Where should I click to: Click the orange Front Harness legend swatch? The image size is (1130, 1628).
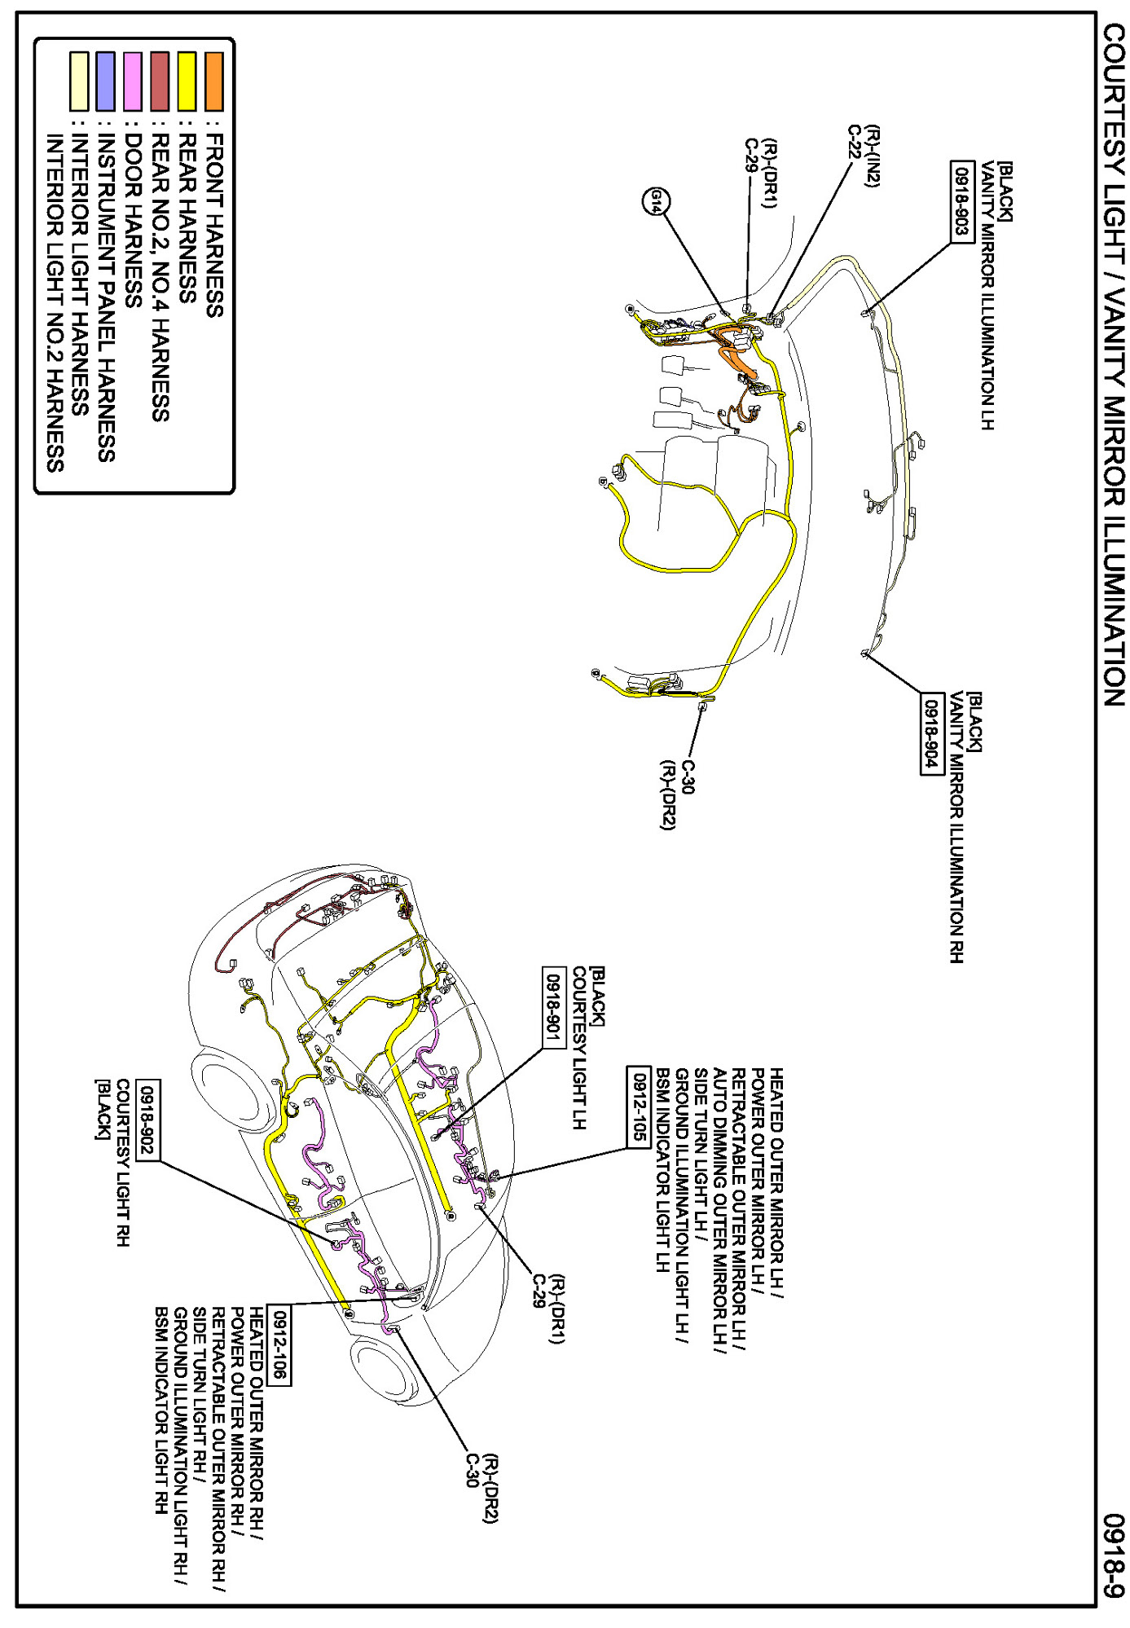(x=213, y=81)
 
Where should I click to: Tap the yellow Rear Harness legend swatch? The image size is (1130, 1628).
(x=187, y=81)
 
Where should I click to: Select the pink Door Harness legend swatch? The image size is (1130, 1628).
(x=132, y=81)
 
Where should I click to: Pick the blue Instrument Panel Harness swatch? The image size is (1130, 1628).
(x=105, y=81)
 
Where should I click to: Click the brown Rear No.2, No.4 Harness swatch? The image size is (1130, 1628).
(x=160, y=81)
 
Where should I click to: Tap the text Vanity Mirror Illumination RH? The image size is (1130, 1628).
(x=956, y=827)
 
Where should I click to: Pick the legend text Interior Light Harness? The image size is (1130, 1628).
(x=80, y=275)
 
